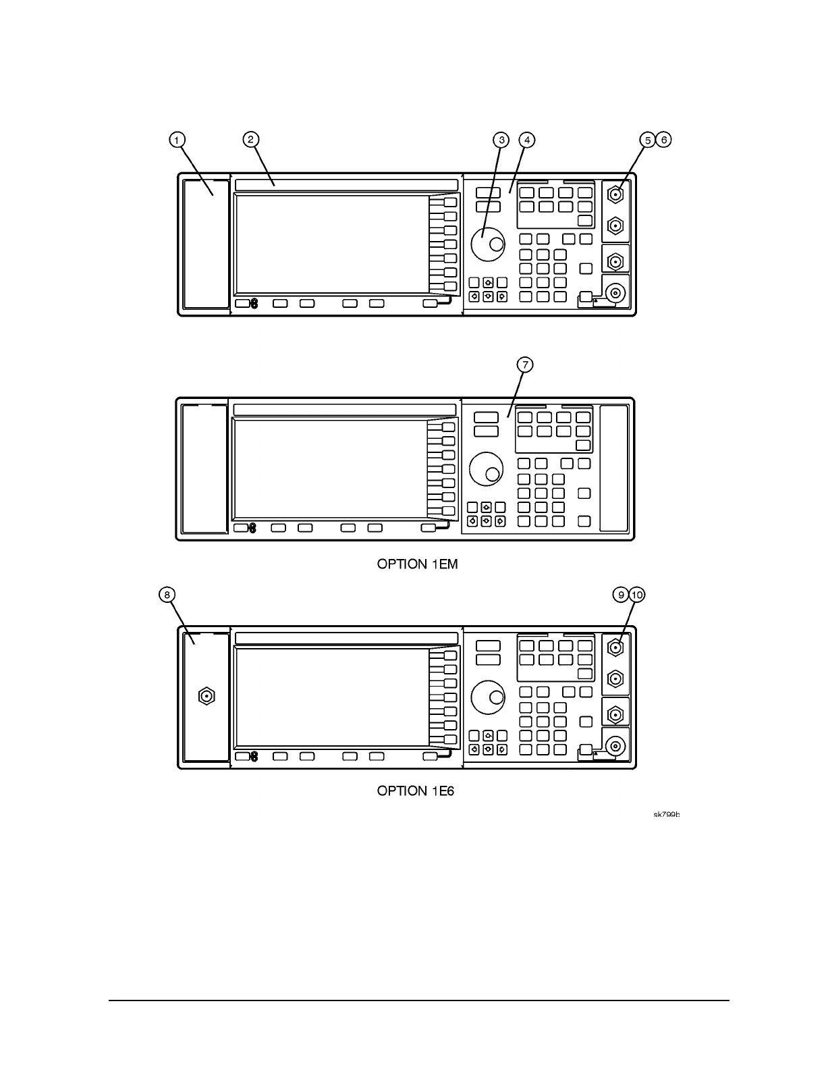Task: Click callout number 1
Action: coord(176,140)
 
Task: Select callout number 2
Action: coord(250,140)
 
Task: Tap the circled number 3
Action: coord(501,140)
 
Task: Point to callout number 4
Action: coord(527,140)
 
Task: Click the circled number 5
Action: coord(648,140)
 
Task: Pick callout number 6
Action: coord(664,140)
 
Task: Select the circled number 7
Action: coord(525,365)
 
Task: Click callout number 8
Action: coord(167,594)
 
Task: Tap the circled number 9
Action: coord(621,594)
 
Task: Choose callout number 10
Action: coord(637,594)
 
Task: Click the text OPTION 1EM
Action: coord(417,564)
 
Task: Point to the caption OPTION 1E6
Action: coord(416,791)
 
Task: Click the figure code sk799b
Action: coord(666,815)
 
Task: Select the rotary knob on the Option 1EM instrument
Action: coord(485,469)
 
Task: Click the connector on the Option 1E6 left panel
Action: coord(206,696)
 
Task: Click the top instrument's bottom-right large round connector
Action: coord(615,293)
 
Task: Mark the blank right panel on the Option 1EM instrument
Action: coord(614,469)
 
